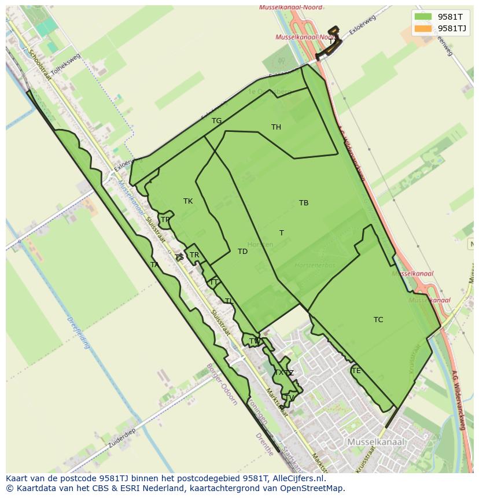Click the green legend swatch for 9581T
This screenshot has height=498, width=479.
click(423, 17)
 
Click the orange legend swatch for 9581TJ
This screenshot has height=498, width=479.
click(423, 28)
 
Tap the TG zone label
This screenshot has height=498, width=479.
click(216, 121)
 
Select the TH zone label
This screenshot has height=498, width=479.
click(276, 127)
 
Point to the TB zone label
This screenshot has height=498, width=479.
click(304, 203)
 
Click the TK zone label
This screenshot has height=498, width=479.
click(188, 201)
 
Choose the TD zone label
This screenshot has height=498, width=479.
click(242, 252)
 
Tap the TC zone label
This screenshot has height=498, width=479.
click(378, 320)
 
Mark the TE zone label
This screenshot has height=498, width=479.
click(356, 371)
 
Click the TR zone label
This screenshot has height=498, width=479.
click(194, 255)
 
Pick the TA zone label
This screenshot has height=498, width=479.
click(154, 265)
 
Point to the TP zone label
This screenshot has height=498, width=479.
click(165, 220)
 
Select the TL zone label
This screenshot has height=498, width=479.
click(229, 301)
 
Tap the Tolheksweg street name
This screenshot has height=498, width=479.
click(65, 64)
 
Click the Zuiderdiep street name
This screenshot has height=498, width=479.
click(121, 440)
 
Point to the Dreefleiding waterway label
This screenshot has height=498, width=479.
click(79, 333)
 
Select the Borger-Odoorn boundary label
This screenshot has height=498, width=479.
click(222, 385)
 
